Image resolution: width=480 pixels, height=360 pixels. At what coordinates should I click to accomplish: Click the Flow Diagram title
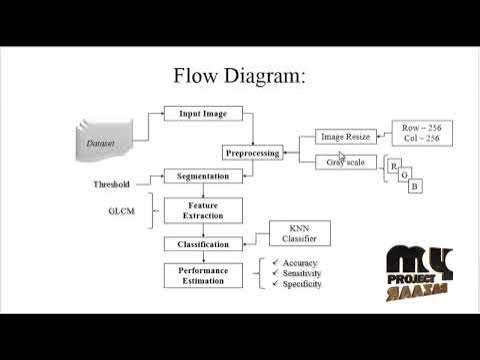(239, 76)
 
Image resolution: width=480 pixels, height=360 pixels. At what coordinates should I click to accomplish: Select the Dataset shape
(101, 143)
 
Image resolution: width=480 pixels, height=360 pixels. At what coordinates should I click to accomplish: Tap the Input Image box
(203, 114)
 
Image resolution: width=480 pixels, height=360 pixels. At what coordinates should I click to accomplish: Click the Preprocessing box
(253, 153)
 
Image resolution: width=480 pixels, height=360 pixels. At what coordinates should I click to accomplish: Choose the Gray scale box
(343, 162)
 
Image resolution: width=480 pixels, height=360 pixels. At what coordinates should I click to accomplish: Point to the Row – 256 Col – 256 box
(418, 132)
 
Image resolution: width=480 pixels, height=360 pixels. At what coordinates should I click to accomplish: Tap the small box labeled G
(405, 176)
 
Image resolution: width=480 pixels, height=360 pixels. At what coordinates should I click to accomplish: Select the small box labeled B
(416, 187)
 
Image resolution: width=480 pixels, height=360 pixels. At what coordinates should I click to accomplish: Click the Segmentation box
(203, 177)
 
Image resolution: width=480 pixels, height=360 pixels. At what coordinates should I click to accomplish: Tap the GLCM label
(121, 211)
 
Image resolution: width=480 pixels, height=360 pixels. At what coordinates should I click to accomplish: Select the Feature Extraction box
(203, 210)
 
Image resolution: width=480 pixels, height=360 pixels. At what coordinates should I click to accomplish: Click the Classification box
(203, 244)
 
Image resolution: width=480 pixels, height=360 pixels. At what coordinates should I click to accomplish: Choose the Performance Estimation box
(203, 276)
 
